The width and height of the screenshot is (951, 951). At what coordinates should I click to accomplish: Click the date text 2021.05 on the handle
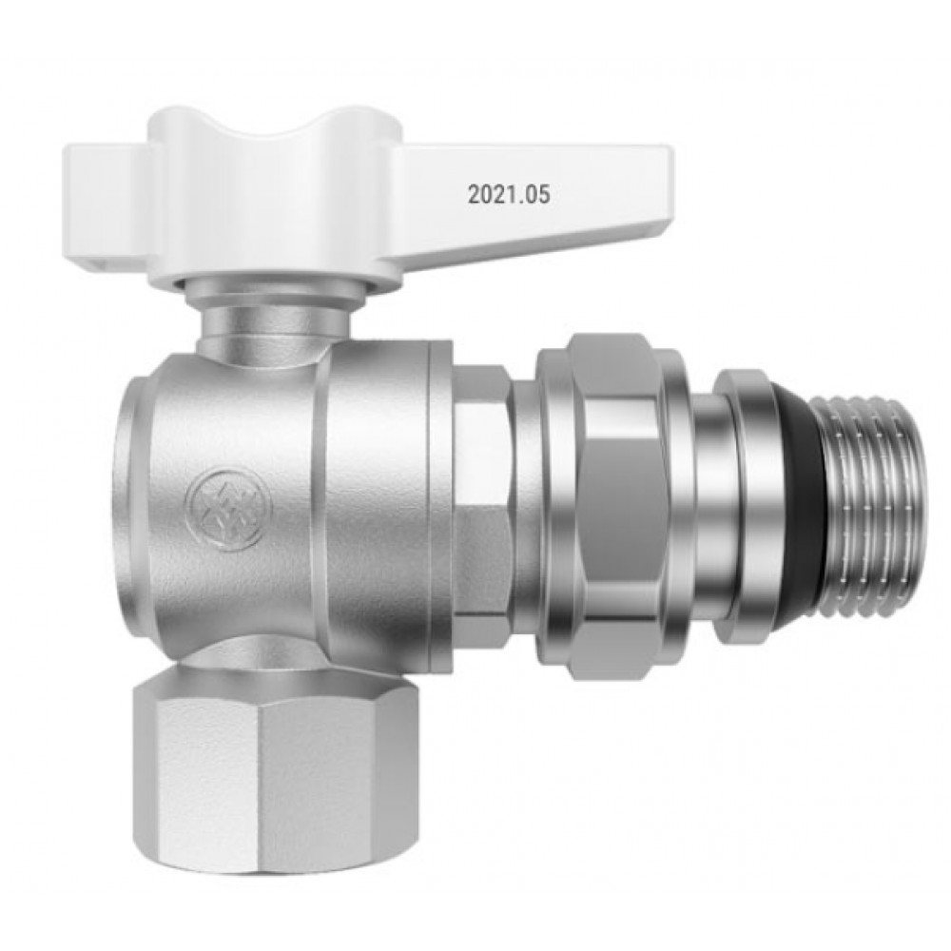click(x=508, y=195)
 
